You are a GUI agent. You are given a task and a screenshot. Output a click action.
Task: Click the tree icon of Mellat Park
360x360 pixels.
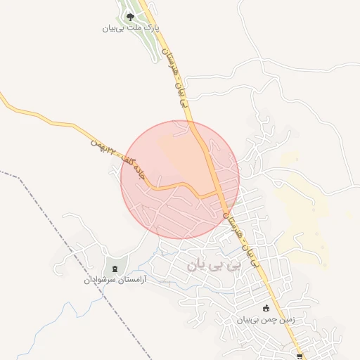(x=129, y=17)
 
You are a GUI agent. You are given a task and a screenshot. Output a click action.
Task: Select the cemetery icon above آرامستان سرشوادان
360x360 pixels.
(x=115, y=269)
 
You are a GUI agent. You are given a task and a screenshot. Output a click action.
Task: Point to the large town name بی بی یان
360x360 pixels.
(x=214, y=266)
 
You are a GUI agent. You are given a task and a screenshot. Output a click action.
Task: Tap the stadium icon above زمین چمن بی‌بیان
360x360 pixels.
(x=266, y=308)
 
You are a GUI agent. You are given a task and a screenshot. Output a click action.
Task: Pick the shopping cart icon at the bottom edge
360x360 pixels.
(x=300, y=356)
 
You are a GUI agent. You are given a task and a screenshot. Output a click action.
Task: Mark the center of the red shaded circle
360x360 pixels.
(x=180, y=180)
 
